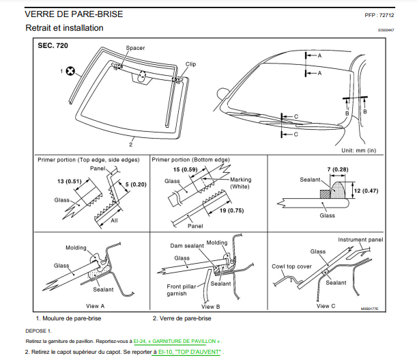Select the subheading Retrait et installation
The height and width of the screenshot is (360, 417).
click(x=64, y=28)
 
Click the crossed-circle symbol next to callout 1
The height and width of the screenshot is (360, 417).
click(x=70, y=70)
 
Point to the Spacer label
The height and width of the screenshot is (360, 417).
click(x=135, y=48)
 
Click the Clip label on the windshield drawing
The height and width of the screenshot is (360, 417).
click(x=191, y=64)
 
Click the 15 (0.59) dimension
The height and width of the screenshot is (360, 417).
click(x=186, y=169)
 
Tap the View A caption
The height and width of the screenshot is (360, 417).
click(x=94, y=305)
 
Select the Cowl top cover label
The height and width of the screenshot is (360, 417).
click(x=291, y=266)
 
